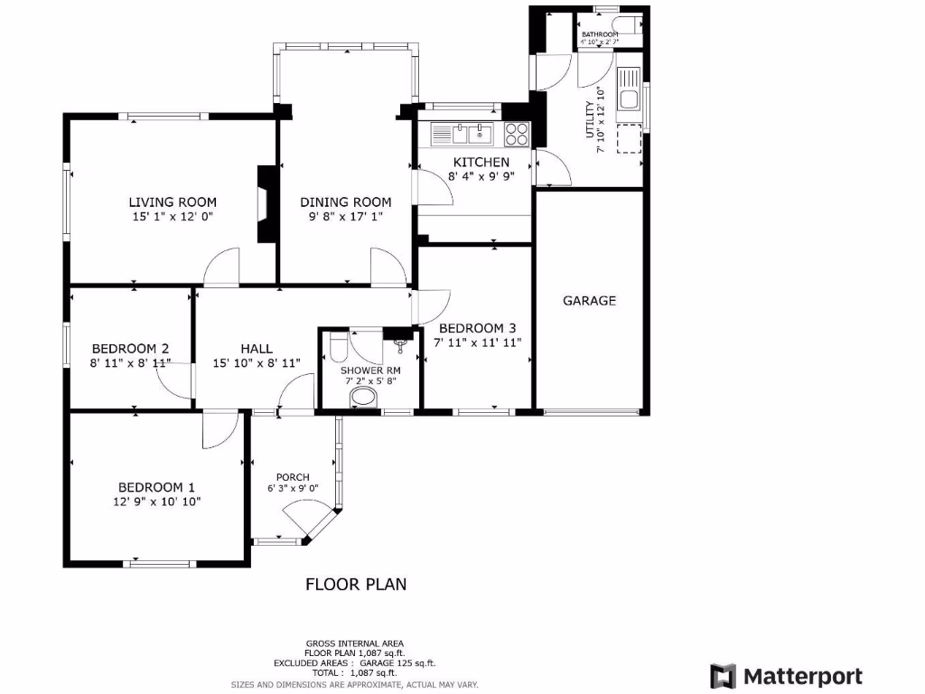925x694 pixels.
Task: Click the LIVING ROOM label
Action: (x=173, y=202)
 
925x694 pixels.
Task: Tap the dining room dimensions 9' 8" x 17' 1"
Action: (x=346, y=217)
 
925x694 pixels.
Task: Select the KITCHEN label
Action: (x=475, y=163)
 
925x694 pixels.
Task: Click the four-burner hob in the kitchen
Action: (x=518, y=135)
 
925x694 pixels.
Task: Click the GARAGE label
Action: (x=589, y=301)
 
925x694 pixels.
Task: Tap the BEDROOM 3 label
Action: (x=478, y=328)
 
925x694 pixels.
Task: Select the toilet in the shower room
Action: (x=337, y=347)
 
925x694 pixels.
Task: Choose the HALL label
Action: (x=257, y=349)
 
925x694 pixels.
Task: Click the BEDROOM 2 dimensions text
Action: (x=130, y=363)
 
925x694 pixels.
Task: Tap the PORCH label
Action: (x=293, y=477)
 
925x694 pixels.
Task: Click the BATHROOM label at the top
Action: (x=600, y=34)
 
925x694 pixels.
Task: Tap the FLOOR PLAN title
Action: (x=356, y=585)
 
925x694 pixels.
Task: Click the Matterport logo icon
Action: (x=723, y=676)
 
